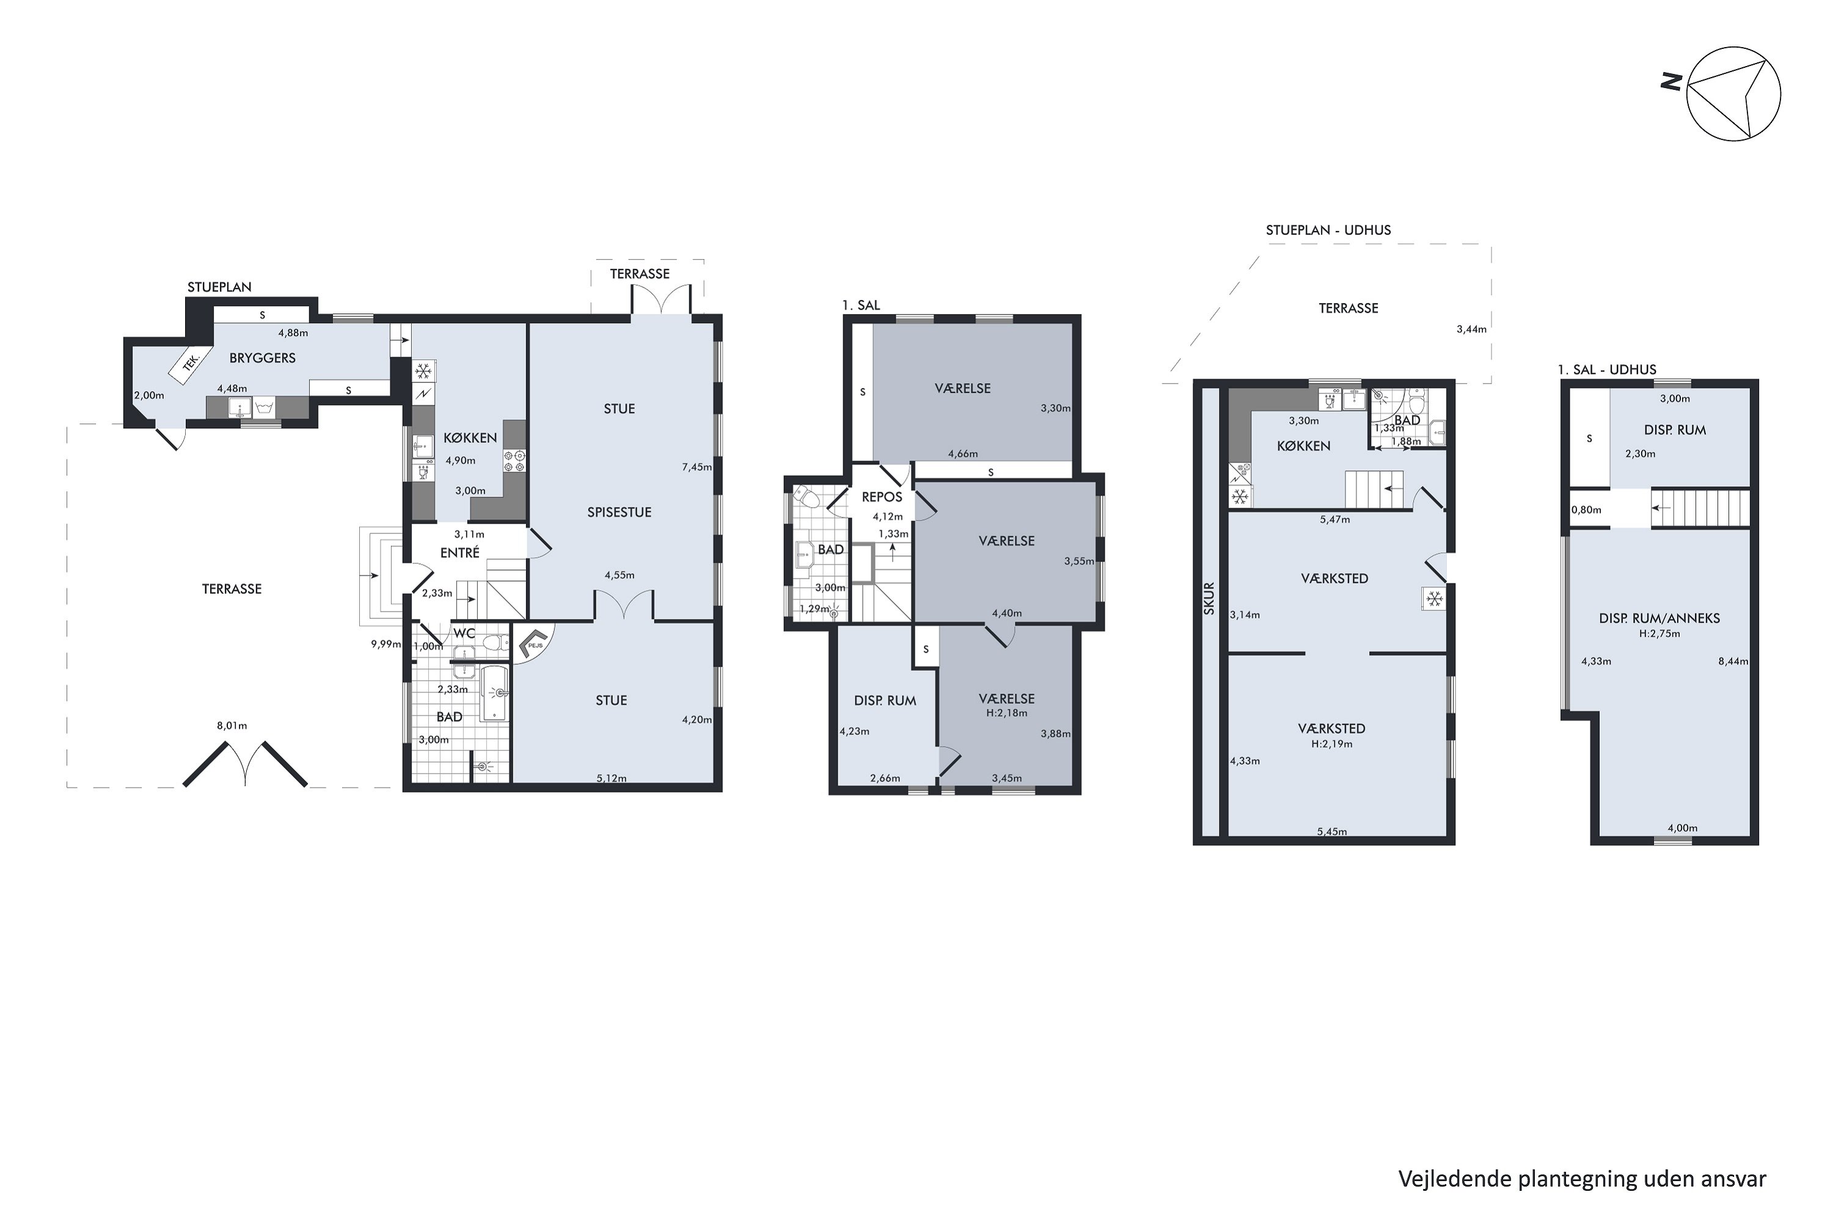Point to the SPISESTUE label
(x=619, y=512)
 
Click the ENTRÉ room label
(x=460, y=552)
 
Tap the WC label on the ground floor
(x=464, y=634)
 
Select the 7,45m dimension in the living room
(x=697, y=467)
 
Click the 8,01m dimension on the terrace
(x=232, y=726)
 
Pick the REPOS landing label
(x=882, y=496)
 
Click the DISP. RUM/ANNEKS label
(x=1659, y=618)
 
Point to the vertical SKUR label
(x=1210, y=599)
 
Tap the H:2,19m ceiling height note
(x=1331, y=744)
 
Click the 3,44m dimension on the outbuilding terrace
(x=1471, y=329)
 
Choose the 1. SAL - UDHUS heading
(x=1607, y=370)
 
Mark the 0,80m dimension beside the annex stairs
(x=1586, y=510)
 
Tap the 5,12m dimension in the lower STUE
(x=611, y=778)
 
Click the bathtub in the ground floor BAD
(x=495, y=693)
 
